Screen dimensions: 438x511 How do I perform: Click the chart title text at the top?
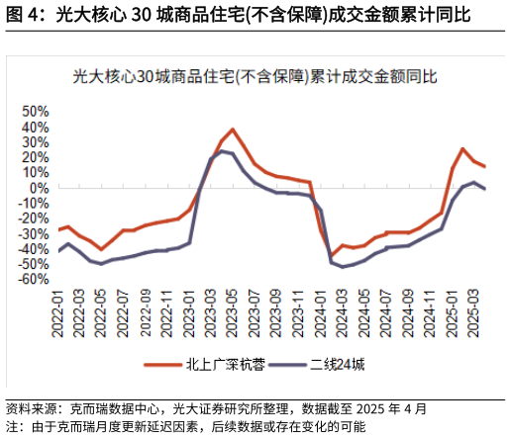(x=255, y=75)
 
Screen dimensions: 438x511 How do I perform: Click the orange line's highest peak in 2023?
(x=233, y=130)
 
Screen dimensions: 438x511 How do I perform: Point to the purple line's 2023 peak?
(x=222, y=151)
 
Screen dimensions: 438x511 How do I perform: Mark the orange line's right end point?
(x=484, y=166)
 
